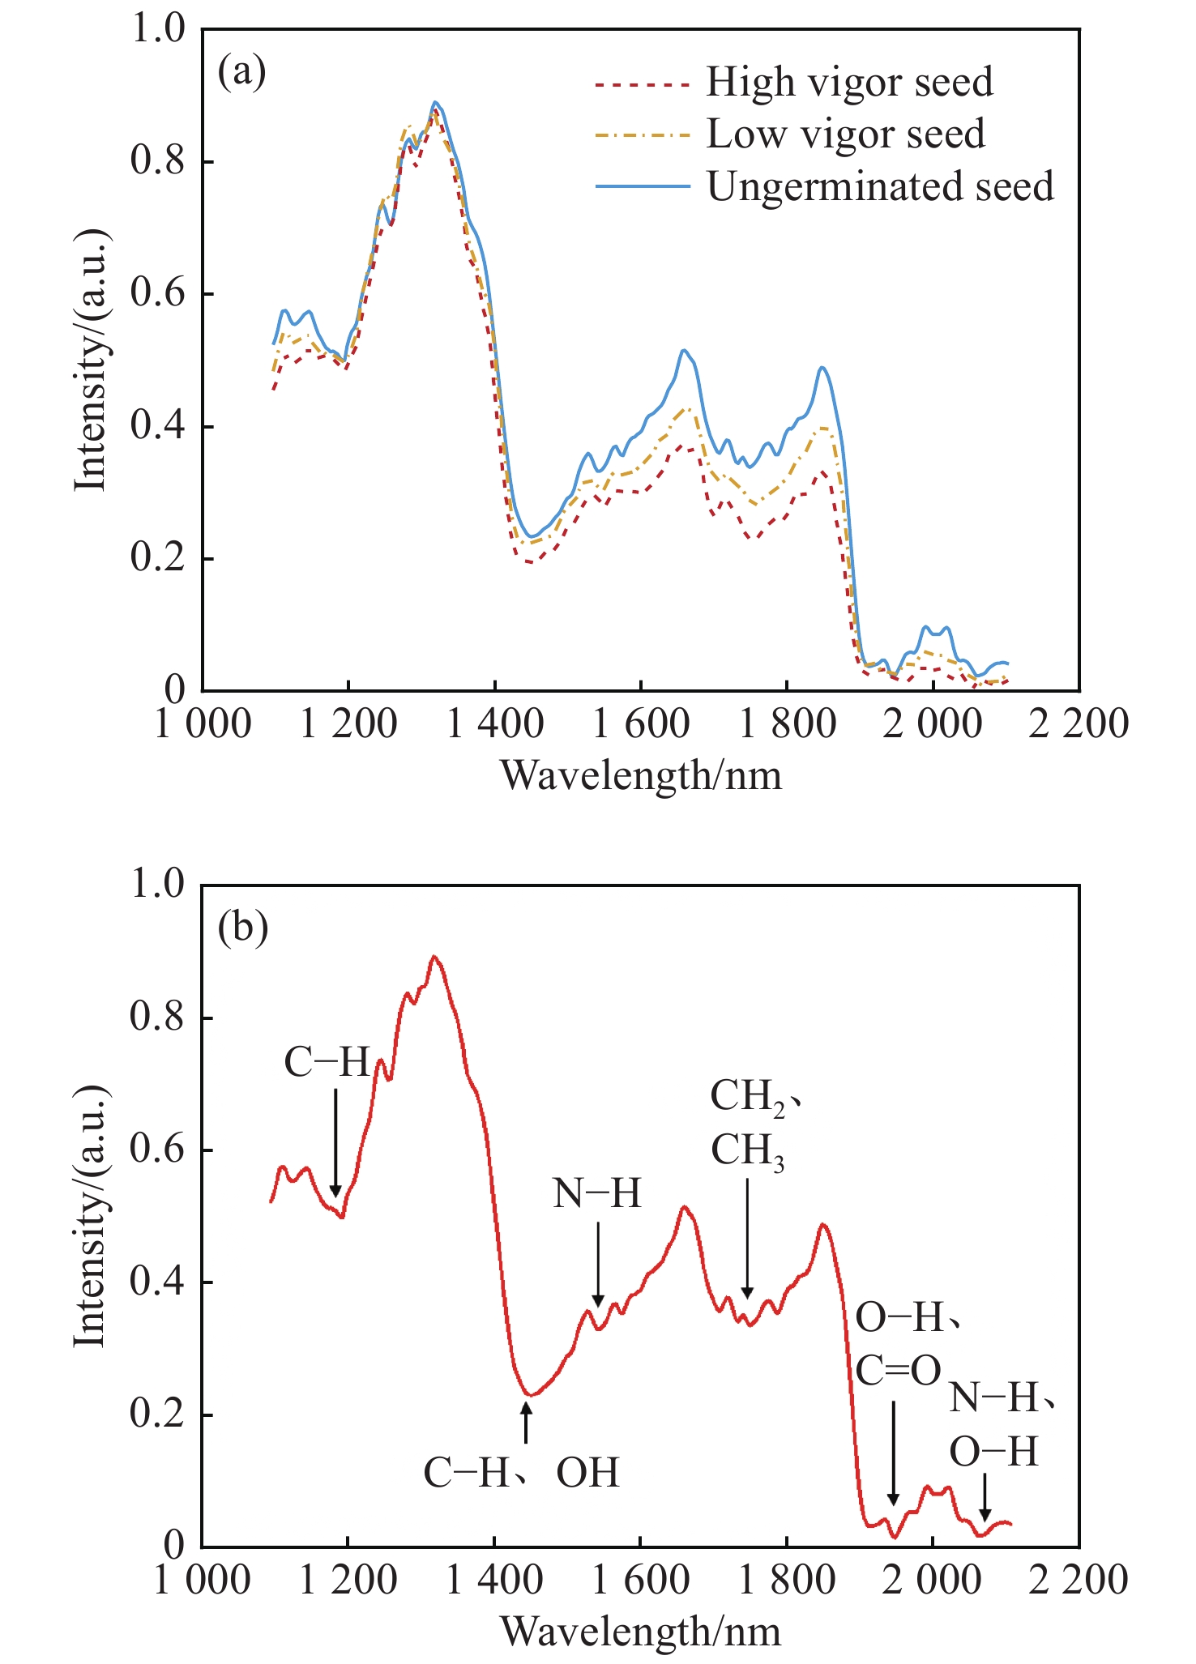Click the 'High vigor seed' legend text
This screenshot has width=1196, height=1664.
point(848,82)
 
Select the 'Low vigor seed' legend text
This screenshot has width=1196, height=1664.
point(845,134)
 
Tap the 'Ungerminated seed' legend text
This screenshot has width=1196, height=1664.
point(880,186)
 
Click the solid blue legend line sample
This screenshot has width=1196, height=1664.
point(643,186)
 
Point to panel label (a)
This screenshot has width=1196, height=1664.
point(241,72)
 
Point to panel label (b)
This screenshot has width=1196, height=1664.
point(242,927)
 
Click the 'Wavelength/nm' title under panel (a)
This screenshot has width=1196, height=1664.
point(641,775)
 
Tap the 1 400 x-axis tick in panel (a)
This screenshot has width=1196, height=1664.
point(494,723)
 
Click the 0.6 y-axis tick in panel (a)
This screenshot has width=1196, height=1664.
point(159,294)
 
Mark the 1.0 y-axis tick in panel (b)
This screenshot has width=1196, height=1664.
point(159,884)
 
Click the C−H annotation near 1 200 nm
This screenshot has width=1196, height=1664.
point(327,1062)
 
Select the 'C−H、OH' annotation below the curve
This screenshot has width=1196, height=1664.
point(521,1473)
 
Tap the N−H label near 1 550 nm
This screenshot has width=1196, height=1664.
point(597,1193)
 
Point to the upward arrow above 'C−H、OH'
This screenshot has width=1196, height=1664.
point(527,1423)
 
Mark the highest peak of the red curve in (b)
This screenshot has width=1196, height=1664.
point(435,957)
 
